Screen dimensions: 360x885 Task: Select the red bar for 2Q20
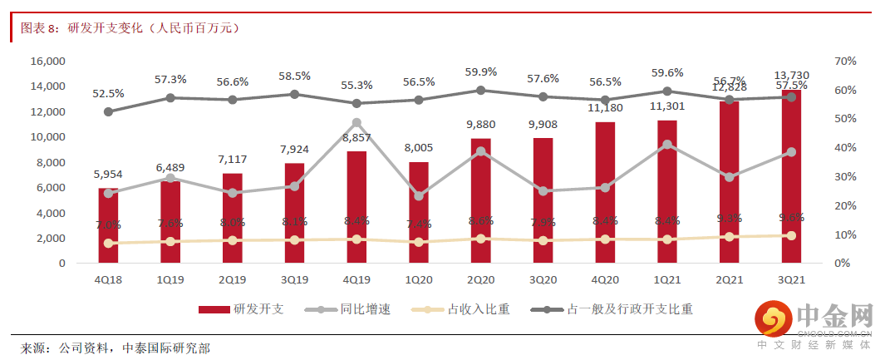click(x=480, y=200)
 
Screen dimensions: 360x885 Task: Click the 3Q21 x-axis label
click(x=790, y=279)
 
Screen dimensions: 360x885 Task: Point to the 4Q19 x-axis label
click(x=356, y=279)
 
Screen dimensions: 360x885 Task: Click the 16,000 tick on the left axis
click(x=48, y=62)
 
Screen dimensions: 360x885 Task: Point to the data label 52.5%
click(x=109, y=93)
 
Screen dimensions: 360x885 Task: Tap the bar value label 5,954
click(x=109, y=175)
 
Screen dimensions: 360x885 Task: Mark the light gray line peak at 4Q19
click(x=356, y=122)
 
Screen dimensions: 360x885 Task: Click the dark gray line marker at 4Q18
click(x=109, y=111)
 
